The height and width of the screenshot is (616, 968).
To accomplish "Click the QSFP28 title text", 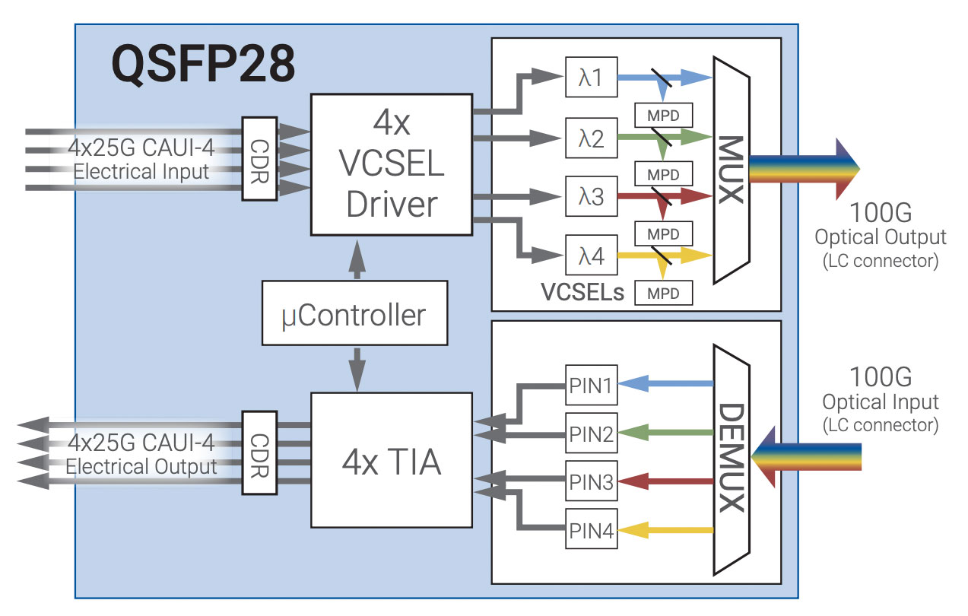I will (x=203, y=64).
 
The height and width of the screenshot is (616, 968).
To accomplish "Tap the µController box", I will (x=354, y=313).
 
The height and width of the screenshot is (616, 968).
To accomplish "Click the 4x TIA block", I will (x=391, y=460).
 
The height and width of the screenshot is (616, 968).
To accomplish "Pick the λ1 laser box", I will (x=591, y=77).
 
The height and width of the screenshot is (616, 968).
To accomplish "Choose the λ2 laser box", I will (x=591, y=138).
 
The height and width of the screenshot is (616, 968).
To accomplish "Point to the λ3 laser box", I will (x=591, y=196).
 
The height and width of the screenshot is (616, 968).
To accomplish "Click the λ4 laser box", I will (x=591, y=256).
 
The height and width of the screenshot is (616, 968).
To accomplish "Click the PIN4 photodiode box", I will (x=591, y=529).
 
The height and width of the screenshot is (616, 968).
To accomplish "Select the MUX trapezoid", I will (x=731, y=170).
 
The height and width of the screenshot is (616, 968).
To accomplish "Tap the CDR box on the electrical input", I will (x=259, y=159).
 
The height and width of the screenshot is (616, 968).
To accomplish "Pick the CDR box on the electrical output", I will (x=259, y=454).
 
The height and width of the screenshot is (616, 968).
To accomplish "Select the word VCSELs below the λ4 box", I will (x=582, y=293).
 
